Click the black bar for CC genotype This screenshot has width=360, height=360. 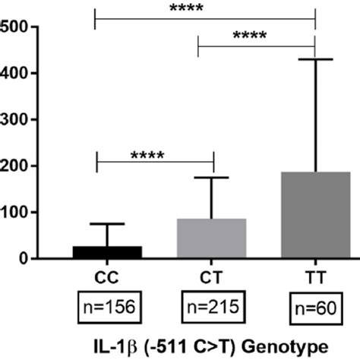107,251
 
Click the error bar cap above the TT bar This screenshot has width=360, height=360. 314,59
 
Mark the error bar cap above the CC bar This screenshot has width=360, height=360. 107,224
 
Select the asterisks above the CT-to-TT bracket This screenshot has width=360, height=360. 256,36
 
